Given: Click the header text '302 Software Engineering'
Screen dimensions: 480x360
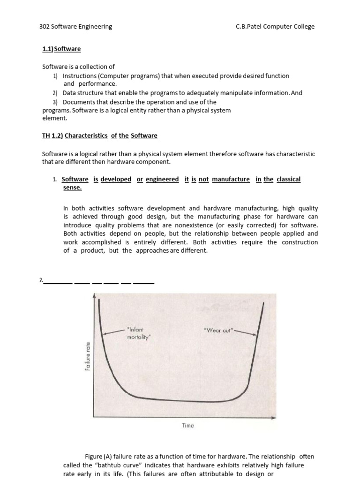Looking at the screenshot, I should tap(75, 27).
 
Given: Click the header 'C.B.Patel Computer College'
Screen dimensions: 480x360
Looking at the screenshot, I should tap(275, 27).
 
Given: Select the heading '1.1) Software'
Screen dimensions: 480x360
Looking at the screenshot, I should tap(61, 49).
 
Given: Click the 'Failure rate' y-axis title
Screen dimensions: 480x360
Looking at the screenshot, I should tap(88, 357).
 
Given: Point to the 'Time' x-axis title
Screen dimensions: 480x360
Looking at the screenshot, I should tap(187, 426).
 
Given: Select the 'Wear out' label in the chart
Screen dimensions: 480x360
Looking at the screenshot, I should tap(218, 330).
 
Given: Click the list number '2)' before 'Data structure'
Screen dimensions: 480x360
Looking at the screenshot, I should tap(55, 93).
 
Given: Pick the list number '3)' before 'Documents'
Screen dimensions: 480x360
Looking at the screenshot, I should tap(55, 102).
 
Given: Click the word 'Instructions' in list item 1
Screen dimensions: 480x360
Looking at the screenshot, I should tap(79, 75).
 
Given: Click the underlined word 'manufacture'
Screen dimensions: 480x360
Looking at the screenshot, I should tap(231, 180).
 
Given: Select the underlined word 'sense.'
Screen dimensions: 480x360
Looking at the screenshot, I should tap(72, 187).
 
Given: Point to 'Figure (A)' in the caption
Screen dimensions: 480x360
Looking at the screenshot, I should tap(97, 457).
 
